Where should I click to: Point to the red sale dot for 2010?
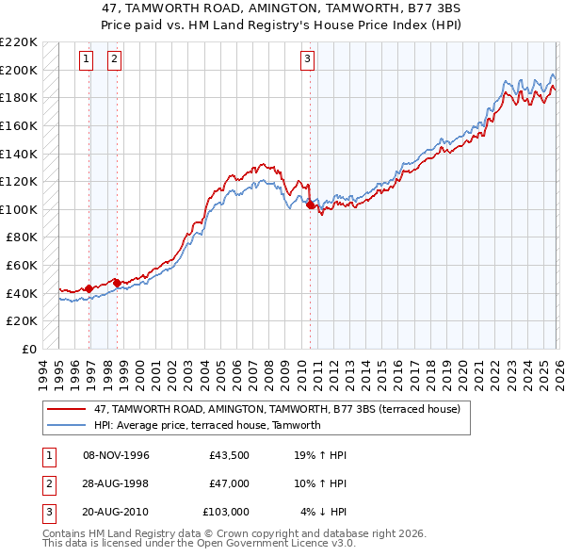[x=311, y=204]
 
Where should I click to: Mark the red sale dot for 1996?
[x=89, y=288]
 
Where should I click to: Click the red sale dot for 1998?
[x=118, y=283]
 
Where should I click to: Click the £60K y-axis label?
[x=22, y=266]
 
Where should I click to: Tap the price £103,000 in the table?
[x=226, y=512]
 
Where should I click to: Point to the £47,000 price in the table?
[x=229, y=483]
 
